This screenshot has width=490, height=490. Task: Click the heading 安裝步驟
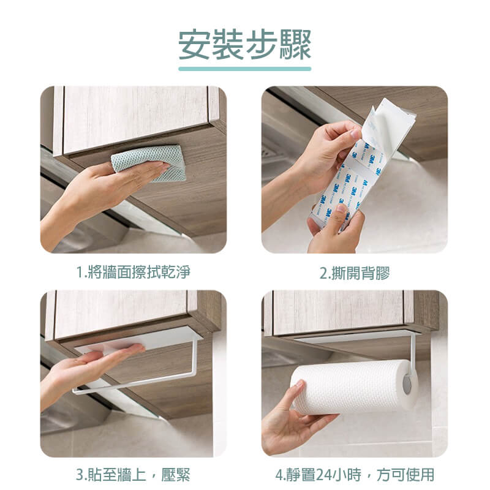[244, 45]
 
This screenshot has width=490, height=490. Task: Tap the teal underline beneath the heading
[244, 69]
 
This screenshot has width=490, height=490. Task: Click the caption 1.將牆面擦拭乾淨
[134, 272]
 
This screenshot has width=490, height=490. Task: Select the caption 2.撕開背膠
[355, 273]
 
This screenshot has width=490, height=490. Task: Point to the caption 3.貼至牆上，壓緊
[133, 475]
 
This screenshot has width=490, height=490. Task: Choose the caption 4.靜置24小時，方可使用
[355, 475]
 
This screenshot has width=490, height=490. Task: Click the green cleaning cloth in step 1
[149, 162]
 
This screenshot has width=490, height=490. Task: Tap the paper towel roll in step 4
[354, 386]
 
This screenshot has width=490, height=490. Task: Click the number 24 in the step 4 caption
[325, 475]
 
